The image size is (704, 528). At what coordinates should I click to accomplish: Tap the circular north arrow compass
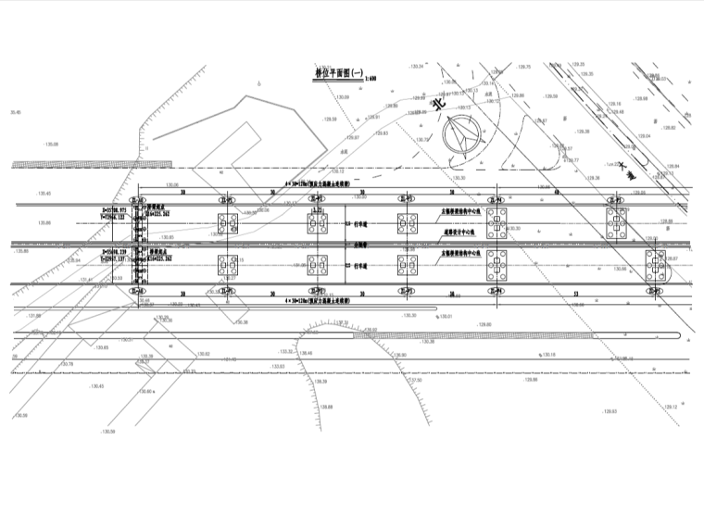462,138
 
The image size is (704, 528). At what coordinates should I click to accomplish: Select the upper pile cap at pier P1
227,223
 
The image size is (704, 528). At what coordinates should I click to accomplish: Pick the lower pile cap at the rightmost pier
656,266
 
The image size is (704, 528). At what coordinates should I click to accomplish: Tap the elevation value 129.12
671,405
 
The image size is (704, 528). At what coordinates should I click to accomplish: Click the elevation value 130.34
416,67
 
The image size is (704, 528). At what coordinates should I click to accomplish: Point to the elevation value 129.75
524,67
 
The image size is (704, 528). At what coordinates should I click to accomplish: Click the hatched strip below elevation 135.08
92,165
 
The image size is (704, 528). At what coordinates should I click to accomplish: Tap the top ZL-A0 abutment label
138,199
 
